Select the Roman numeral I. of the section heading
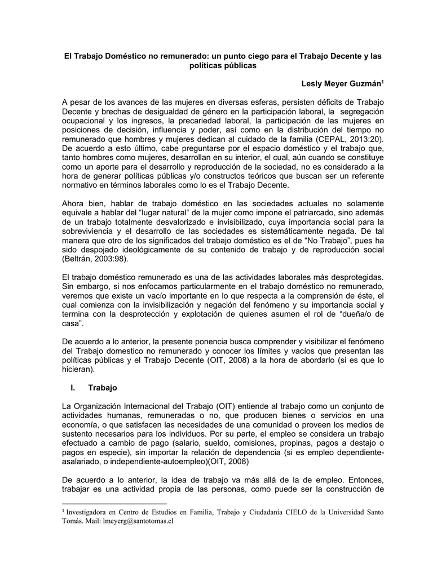click(72, 388)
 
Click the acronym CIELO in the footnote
click(285, 512)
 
